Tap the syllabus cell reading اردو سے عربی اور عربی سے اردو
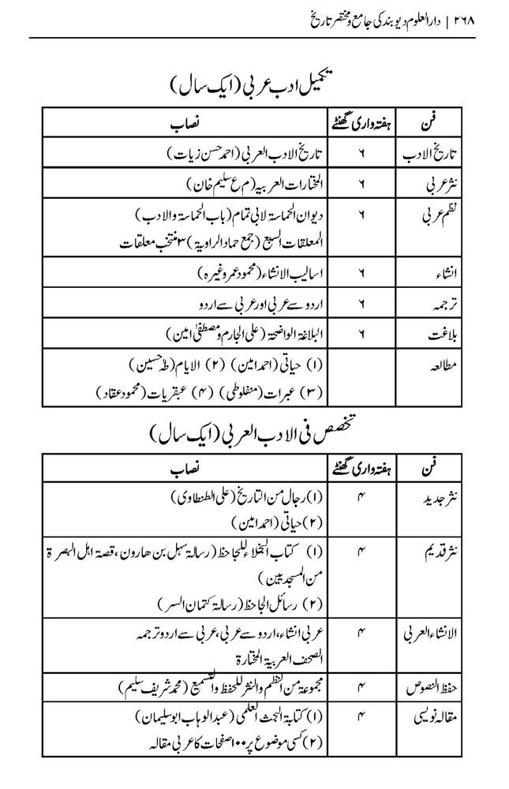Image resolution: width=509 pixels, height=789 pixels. point(249,303)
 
